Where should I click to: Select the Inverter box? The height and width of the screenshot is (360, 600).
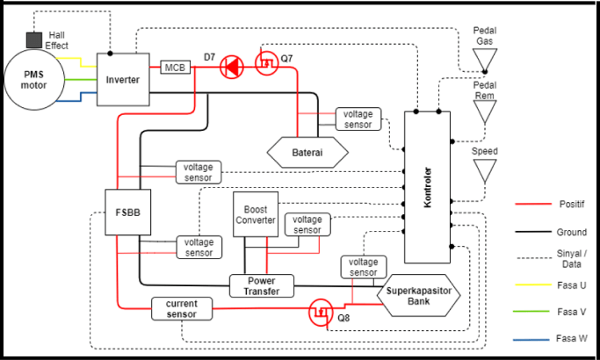[122, 80]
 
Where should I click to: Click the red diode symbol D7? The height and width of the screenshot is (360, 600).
[231, 65]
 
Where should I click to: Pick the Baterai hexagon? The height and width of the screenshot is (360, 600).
[307, 152]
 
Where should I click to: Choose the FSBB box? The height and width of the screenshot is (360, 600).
[123, 212]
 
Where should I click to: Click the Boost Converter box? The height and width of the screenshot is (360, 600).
[255, 214]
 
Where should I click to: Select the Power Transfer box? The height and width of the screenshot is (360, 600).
[261, 285]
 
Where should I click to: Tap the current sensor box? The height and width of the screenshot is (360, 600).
[182, 308]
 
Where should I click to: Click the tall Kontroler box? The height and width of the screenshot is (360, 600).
[427, 187]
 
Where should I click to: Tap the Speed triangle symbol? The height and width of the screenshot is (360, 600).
[484, 169]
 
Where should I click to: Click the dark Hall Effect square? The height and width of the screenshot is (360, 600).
[34, 40]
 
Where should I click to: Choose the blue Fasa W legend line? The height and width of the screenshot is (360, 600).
[531, 338]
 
